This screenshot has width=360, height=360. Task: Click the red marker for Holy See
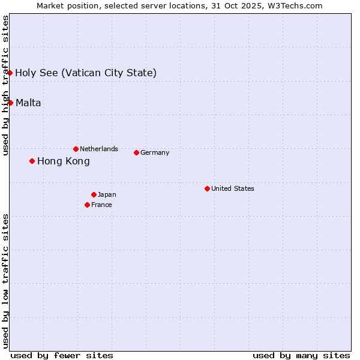point(10,73)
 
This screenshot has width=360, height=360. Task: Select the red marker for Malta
point(10,103)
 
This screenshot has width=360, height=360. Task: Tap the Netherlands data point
point(76,149)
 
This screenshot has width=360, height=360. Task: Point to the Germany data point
point(136,152)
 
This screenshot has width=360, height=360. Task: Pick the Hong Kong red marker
point(32,161)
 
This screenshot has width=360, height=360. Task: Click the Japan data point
point(94,194)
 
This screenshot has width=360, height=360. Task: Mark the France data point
point(87,205)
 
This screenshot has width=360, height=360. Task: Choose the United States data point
point(207,188)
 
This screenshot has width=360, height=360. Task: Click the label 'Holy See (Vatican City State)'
point(86,73)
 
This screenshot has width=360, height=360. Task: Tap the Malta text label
point(28,103)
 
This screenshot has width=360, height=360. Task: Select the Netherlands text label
point(99,149)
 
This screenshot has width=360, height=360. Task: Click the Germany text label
point(155,152)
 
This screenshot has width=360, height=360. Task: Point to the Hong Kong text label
point(64,161)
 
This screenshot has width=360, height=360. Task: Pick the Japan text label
point(107,194)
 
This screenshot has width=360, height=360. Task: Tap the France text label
point(101,205)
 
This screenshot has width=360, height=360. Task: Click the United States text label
point(233,188)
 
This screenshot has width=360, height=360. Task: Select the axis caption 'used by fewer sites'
point(62,355)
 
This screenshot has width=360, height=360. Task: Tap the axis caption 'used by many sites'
point(301,355)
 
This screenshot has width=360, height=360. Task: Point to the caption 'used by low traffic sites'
point(5,281)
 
